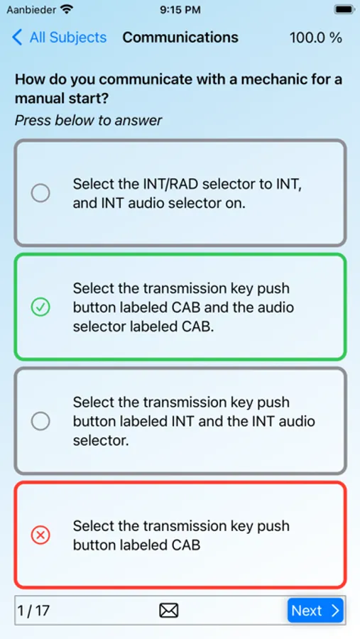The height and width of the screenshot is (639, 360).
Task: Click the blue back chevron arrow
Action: [x=17, y=38]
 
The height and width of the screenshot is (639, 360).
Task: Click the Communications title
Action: [x=180, y=38]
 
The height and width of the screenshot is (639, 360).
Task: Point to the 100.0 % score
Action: [x=315, y=38]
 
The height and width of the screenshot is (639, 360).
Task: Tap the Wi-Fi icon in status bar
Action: [x=67, y=9]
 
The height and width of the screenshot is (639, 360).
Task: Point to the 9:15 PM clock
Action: [x=180, y=9]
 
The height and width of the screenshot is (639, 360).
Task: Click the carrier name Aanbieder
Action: [x=31, y=9]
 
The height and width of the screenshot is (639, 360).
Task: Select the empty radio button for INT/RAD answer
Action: [x=40, y=192]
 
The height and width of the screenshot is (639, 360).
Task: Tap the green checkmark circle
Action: [x=40, y=307]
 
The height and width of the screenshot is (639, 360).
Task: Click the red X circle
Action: [x=40, y=535]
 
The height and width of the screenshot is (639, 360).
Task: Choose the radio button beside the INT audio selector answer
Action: [x=40, y=421]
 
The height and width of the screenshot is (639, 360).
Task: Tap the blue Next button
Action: [x=315, y=611]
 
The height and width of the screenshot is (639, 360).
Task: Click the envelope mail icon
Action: [x=169, y=611]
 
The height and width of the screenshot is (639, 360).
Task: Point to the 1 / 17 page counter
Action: [x=33, y=611]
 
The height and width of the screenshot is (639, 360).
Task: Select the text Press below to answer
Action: [x=89, y=120]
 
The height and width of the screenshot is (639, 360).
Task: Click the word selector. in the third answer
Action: [x=101, y=440]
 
